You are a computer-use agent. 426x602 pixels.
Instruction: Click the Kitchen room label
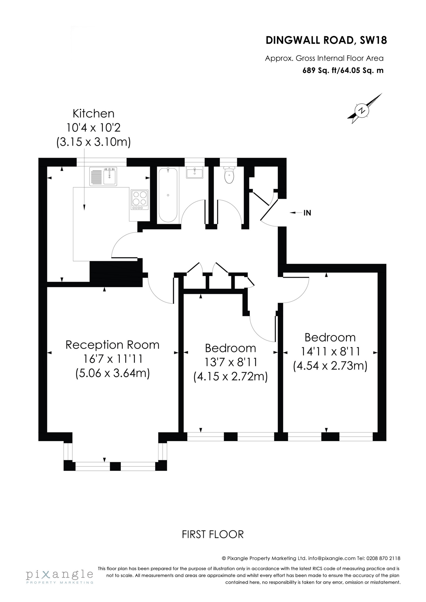(93, 114)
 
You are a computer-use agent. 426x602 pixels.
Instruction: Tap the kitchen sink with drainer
(103, 176)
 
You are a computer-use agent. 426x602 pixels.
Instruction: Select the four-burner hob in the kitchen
(140, 199)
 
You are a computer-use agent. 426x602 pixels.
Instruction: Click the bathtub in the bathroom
(168, 195)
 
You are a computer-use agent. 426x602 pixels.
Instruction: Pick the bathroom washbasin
(195, 173)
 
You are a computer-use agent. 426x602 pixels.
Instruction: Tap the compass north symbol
(363, 110)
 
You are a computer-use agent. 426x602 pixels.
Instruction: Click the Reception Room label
(112, 345)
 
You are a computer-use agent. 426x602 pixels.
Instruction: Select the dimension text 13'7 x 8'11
(231, 362)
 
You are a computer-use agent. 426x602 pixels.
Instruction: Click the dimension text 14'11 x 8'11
(330, 351)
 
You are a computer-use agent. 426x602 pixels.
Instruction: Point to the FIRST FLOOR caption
(213, 534)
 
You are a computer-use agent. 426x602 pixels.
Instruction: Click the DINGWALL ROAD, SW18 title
(326, 40)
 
